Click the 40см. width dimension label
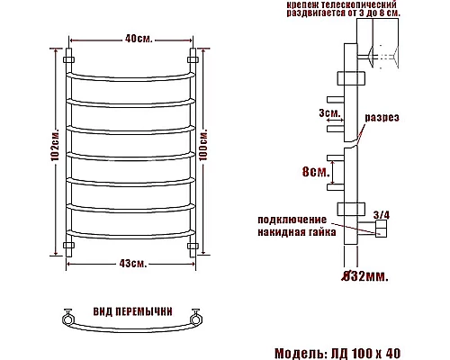(x=139, y=39)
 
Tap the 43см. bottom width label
(x=133, y=264)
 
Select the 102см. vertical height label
(x=55, y=145)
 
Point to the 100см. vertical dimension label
(x=203, y=145)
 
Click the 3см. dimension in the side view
(x=329, y=112)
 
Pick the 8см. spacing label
(x=316, y=172)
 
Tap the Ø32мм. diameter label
(x=365, y=276)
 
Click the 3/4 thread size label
(x=382, y=215)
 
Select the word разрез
(x=382, y=118)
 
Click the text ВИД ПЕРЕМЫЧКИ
(x=133, y=311)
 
